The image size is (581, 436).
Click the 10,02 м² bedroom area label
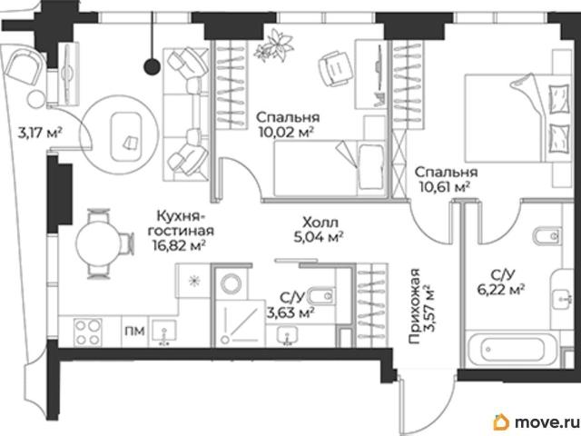coord(286,132)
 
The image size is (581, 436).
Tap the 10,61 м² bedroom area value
coord(445,186)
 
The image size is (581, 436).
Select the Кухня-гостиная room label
coord(182,223)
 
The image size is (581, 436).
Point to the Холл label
coord(320,223)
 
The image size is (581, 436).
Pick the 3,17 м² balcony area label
coord(40,133)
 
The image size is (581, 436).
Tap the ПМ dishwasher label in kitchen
coord(134,331)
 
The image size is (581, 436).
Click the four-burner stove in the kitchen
coord(88,332)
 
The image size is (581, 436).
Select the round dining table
coord(98,243)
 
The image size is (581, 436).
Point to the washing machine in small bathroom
coord(231,283)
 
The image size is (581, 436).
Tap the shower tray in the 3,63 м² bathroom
coord(241,323)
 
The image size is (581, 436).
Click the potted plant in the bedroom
coord(274,46)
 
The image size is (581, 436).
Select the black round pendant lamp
coord(152,66)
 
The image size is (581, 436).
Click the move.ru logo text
coord(547,421)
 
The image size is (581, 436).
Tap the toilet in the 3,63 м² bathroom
coord(321,296)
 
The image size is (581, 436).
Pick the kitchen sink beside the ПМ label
coord(164,332)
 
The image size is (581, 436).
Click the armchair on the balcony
coord(23,69)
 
